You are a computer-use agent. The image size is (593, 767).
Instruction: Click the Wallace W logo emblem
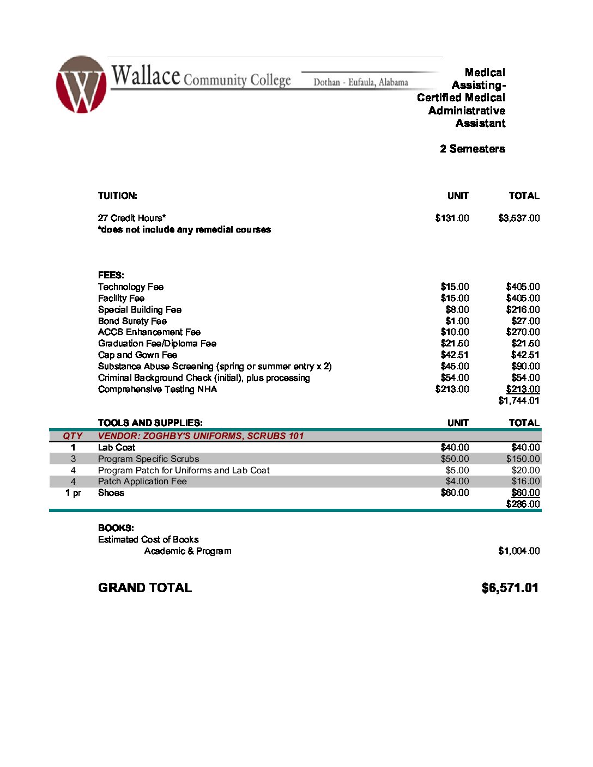pos(81,84)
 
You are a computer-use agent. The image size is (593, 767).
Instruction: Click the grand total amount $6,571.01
pos(510,588)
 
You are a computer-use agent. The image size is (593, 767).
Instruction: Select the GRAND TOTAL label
pos(145,588)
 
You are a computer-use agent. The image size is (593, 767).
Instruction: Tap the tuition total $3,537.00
pos(519,218)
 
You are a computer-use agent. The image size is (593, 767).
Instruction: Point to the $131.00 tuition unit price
pos(452,218)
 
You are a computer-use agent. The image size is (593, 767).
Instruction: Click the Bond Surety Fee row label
pos(132,321)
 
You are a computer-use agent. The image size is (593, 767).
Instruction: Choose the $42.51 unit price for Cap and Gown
pos(455,355)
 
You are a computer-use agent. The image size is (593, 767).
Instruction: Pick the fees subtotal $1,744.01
pos(519,401)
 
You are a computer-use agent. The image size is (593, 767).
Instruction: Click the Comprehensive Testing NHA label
pos(158,389)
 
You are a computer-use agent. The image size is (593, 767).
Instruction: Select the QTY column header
pos(72,436)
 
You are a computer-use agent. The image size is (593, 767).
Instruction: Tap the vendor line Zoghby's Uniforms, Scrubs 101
pos(201,436)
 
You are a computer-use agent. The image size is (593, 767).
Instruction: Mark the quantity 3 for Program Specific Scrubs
pos(73,459)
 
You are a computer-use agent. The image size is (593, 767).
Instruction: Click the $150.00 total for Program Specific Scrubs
pos(523,459)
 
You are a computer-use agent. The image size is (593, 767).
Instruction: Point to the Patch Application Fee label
pos(142,482)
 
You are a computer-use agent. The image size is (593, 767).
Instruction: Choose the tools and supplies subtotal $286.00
pos(523,504)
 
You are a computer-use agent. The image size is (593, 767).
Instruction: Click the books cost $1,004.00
pos(519,551)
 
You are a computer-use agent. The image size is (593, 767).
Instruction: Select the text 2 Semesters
pos(473,149)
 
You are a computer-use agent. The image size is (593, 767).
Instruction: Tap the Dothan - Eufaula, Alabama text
pos(361,83)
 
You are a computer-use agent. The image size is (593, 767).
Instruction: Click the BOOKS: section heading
pos(116,528)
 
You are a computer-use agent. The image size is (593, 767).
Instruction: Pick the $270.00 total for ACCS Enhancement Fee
pos(523,332)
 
